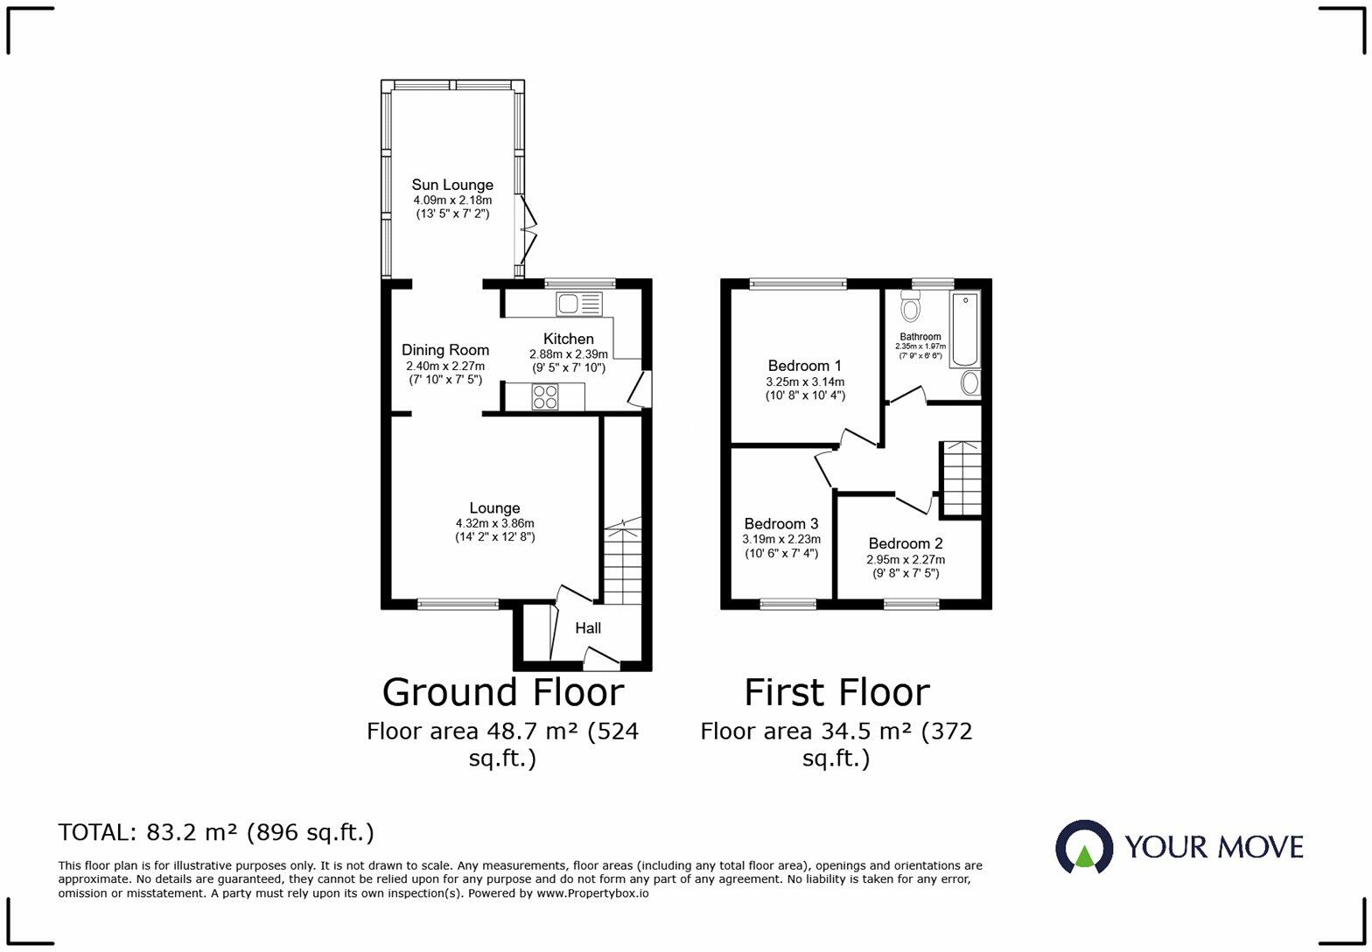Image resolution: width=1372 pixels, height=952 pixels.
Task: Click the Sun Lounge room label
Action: (452, 185)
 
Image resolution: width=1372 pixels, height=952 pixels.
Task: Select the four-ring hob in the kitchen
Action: (546, 396)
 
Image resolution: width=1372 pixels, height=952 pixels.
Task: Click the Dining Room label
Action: (445, 350)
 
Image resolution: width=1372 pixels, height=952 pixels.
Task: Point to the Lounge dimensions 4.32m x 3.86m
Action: (494, 523)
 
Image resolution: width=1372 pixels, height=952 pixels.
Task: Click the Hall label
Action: (588, 628)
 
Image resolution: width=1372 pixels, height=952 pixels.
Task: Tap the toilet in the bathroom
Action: (911, 306)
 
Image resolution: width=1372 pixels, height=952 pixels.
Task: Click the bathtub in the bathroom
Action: (964, 330)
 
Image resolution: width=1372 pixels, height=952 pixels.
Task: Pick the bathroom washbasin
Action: (970, 383)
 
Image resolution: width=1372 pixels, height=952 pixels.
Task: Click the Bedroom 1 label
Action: (804, 366)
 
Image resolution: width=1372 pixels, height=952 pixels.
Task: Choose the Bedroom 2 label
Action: (906, 543)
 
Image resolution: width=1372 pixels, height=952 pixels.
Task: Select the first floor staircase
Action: (961, 479)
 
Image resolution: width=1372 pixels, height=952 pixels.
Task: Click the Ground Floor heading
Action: (503, 692)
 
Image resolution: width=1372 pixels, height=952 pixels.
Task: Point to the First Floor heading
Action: (836, 692)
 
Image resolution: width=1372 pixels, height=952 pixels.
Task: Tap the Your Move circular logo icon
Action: (1084, 847)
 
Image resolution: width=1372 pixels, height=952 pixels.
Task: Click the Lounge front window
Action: (458, 604)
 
